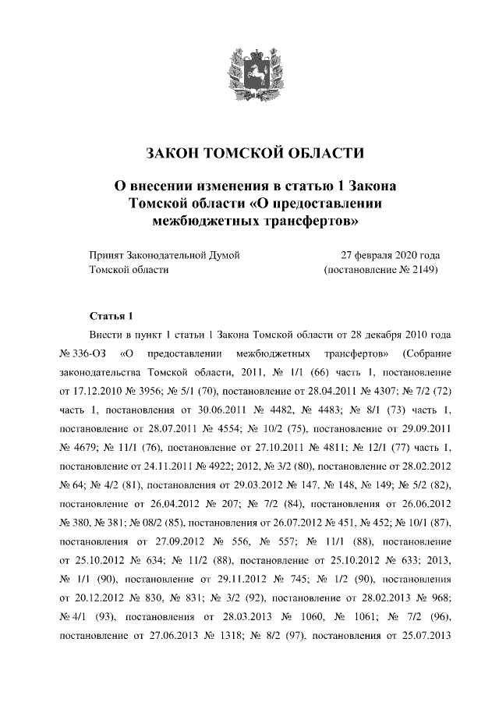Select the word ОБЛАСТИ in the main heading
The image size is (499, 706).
(320, 152)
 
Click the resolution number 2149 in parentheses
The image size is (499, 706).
(419, 270)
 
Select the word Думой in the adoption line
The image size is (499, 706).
(221, 255)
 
